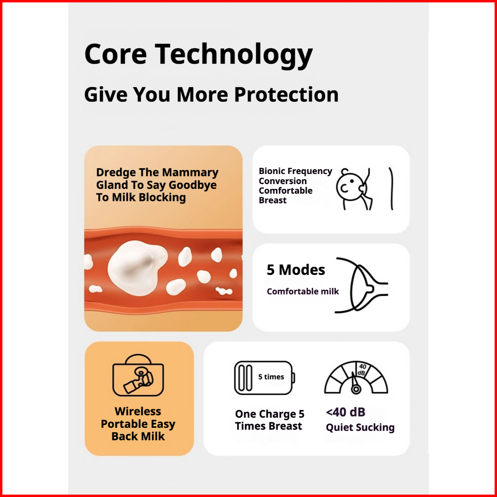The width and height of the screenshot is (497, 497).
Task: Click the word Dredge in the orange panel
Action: coord(116,173)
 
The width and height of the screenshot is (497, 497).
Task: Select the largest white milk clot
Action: coord(137,268)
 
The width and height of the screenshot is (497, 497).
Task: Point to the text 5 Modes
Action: coord(296,270)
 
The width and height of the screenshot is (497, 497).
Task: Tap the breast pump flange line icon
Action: coord(361,285)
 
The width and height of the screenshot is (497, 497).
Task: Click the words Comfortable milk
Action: coord(303,291)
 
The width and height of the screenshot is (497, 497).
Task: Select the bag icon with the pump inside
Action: coord(138,375)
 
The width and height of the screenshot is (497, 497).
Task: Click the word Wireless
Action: coord(138,411)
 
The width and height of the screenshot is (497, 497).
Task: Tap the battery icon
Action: coord(264,378)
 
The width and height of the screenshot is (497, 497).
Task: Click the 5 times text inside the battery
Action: coord(271,377)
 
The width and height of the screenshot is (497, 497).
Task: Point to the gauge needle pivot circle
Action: coord(356,389)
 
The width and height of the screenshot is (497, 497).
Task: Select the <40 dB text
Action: coord(346,412)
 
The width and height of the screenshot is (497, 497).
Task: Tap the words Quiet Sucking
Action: coord(360,428)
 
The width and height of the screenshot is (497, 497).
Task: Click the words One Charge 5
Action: coord(270,414)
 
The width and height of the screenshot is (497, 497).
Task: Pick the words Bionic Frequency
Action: coord(296,171)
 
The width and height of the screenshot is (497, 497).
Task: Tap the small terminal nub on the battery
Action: coord(294,378)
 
